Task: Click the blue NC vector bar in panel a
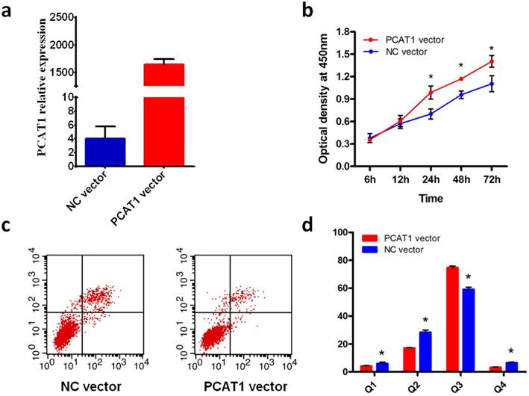point(104,152)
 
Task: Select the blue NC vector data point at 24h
point(431,114)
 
